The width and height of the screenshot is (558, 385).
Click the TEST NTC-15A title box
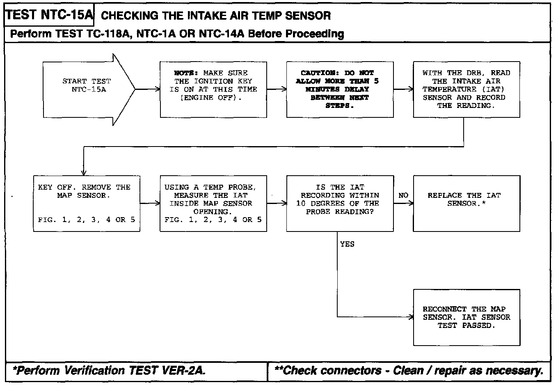pos(49,15)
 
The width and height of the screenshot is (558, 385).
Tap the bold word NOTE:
pos(186,73)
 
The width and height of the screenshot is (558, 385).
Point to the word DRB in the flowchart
pos(475,73)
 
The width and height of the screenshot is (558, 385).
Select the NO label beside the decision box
pos(403,195)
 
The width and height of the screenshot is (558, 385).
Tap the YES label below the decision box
pos(347,244)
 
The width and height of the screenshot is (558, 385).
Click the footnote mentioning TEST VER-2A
pos(109,371)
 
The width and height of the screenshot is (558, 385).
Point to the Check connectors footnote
pos(409,371)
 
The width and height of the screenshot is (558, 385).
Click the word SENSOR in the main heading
pos(308,16)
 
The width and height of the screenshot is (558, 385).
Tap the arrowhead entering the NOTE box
pos(158,89)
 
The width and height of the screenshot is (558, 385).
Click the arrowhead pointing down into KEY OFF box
pos(84,173)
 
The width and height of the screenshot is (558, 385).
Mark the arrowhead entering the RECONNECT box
pos(411,317)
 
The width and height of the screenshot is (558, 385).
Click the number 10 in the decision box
pos(301,204)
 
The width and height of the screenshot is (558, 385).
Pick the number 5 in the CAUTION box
pos(376,81)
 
